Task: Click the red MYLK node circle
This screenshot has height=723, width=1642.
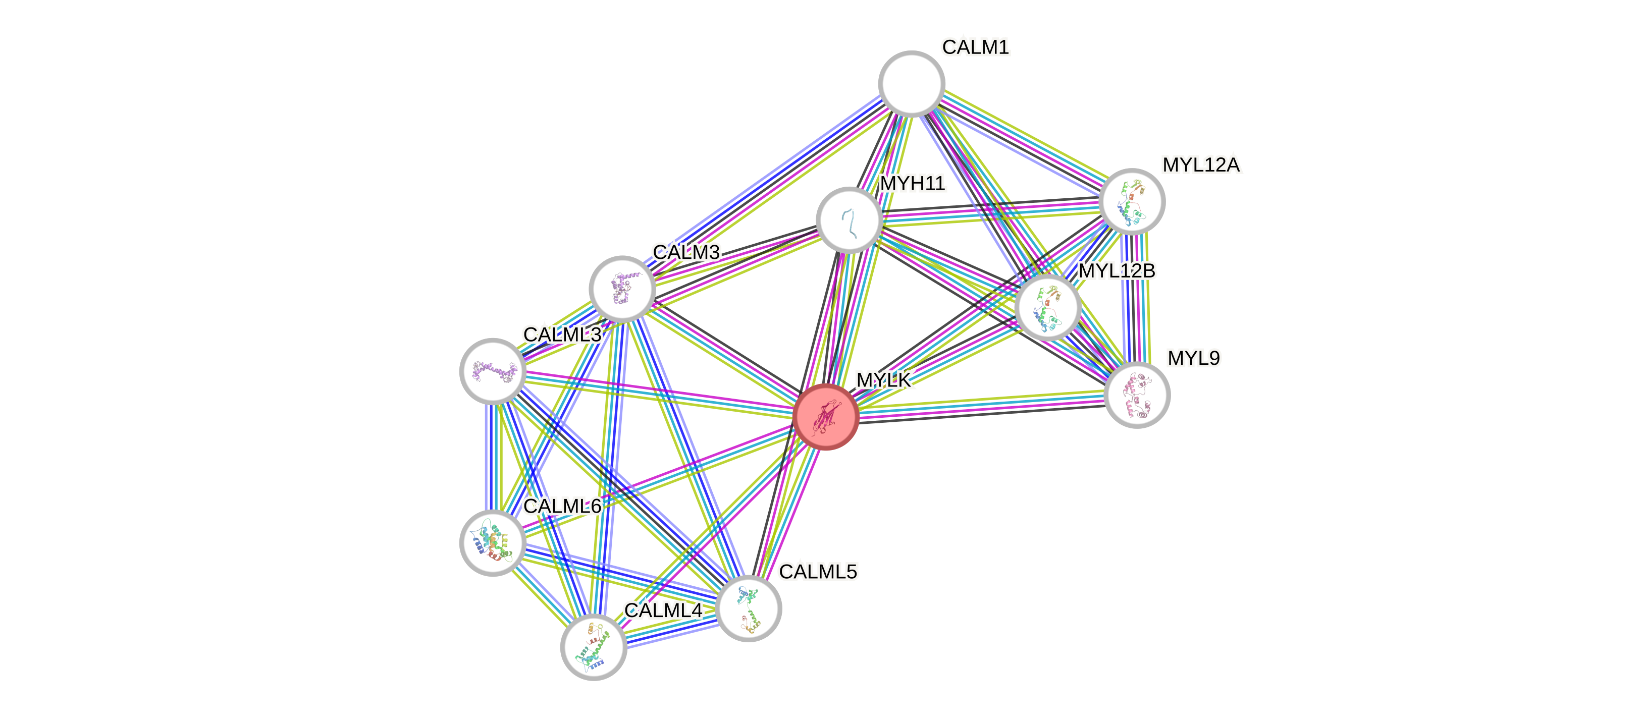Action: pyautogui.click(x=825, y=417)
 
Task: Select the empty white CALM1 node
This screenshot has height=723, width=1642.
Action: pyautogui.click(x=912, y=83)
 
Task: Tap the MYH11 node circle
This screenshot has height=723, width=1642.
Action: pyautogui.click(x=849, y=220)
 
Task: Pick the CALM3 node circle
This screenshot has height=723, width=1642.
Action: pyautogui.click(x=622, y=289)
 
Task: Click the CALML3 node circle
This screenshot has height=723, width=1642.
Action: pyautogui.click(x=493, y=371)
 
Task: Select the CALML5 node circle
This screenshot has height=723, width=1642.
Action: pyautogui.click(x=749, y=608)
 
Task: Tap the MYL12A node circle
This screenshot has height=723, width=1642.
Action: pyautogui.click(x=1132, y=201)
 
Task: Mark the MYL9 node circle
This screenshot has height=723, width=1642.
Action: pyautogui.click(x=1137, y=395)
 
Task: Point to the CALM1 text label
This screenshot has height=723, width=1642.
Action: pyautogui.click(x=975, y=47)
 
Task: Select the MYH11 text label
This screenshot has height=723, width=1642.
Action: pyautogui.click(x=913, y=184)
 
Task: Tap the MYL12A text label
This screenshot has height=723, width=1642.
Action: pyautogui.click(x=1201, y=165)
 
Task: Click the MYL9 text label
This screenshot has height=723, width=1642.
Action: pyautogui.click(x=1193, y=358)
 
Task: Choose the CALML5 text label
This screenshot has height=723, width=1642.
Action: pyautogui.click(x=818, y=572)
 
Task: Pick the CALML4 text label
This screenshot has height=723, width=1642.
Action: pyautogui.click(x=663, y=610)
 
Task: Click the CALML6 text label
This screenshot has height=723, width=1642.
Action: pyautogui.click(x=562, y=507)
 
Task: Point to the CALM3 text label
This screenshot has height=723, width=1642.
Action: pyautogui.click(x=686, y=252)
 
